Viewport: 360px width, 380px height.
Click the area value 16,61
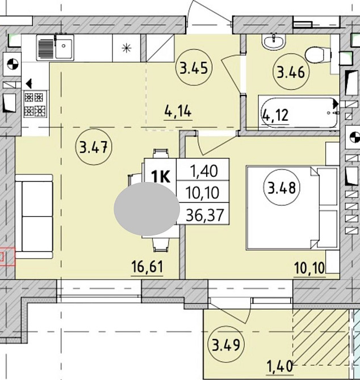pos(147,267)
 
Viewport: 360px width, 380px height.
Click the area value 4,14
pos(178,112)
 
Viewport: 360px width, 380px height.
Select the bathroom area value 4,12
pos(276,115)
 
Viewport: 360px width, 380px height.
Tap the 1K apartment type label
pos(160,176)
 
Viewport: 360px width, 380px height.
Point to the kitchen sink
pos(55,47)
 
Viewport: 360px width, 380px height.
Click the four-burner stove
pos(35,104)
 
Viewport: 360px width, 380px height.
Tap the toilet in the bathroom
pos(319,55)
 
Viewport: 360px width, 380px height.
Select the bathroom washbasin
pos(274,41)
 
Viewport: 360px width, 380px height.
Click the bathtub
pos(299,113)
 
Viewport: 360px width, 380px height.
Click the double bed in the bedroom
pos(292,208)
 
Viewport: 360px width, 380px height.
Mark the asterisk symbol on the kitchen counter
pos(127,48)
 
